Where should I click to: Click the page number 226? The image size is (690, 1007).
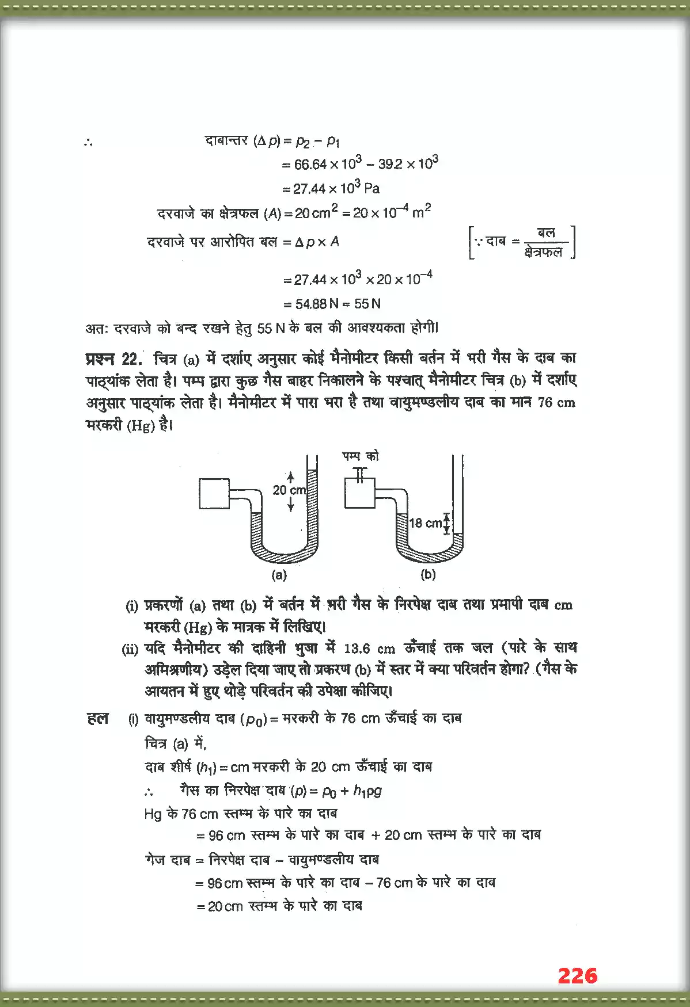[577, 976]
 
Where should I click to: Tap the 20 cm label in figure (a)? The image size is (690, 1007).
[289, 490]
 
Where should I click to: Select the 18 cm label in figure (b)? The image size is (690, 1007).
[425, 523]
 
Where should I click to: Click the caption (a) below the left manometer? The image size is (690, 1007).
[279, 574]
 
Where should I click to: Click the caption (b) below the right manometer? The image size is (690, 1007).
[428, 574]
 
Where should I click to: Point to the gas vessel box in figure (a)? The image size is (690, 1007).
[214, 494]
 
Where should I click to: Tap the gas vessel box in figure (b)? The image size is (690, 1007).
[360, 494]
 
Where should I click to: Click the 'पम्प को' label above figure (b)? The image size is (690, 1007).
[361, 456]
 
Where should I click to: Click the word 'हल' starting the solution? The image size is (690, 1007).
[97, 718]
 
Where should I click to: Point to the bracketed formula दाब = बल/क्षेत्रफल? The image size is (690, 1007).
[522, 242]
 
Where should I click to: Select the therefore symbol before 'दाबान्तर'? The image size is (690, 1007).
[88, 142]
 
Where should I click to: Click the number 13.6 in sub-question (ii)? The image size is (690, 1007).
[357, 649]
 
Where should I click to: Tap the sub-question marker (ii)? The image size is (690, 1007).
[130, 650]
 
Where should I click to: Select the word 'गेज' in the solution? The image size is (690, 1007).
[156, 860]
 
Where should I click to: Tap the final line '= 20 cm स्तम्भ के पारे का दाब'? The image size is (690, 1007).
[279, 906]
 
